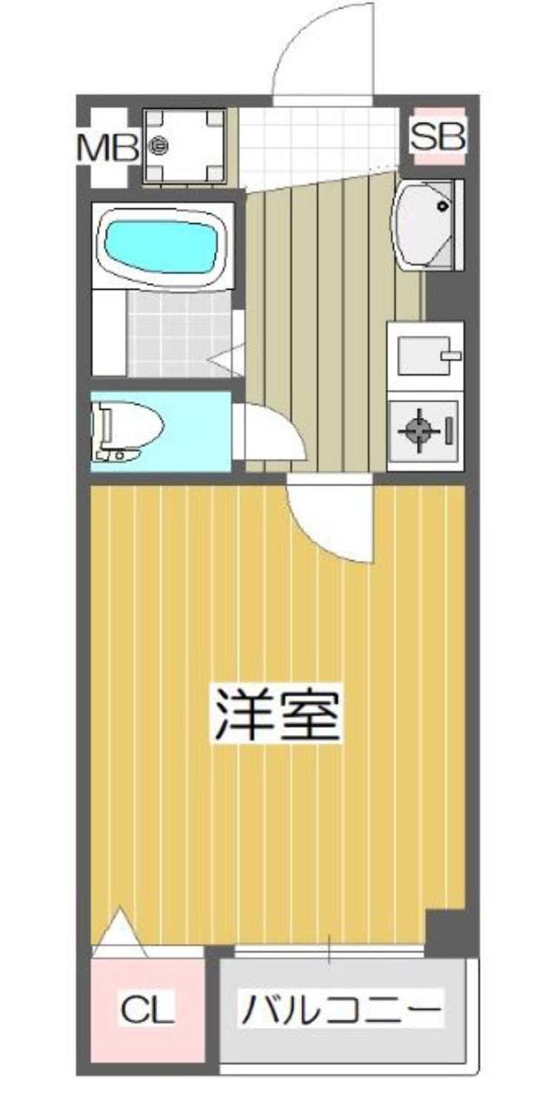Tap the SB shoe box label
click(438, 136)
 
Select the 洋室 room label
click(278, 714)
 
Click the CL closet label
click(147, 1009)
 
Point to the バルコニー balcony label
click(341, 1009)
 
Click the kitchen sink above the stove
click(424, 356)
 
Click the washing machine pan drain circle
click(158, 147)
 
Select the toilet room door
click(270, 434)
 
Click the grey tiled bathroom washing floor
click(178, 333)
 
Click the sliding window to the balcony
click(330, 949)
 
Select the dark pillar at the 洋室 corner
click(446, 931)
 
